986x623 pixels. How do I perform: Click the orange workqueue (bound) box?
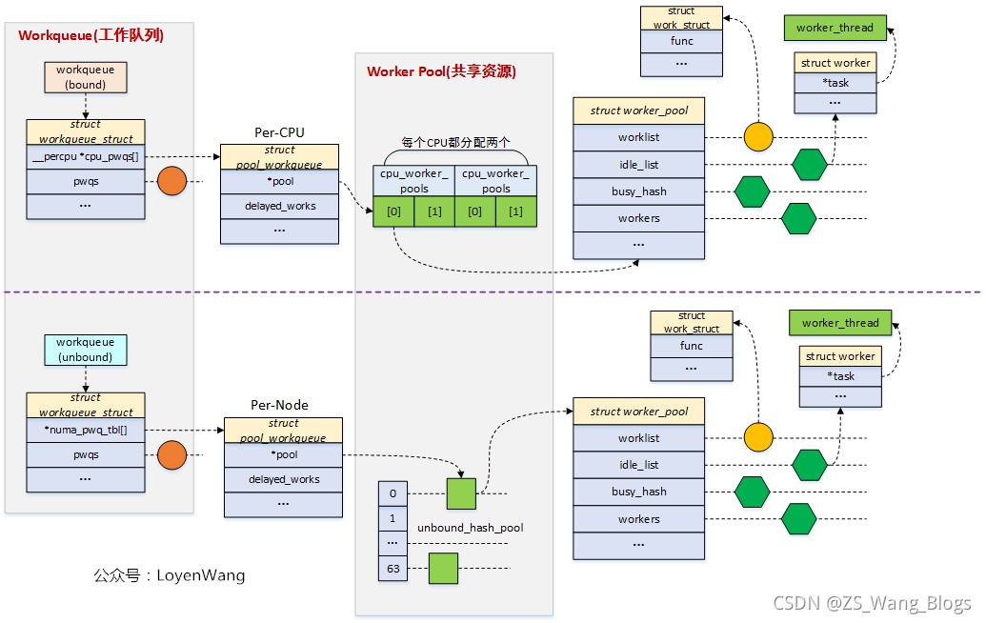[86, 77]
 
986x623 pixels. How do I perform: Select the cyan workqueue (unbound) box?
[85, 350]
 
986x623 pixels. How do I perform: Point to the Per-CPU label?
[279, 132]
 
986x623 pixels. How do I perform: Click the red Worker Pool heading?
[442, 71]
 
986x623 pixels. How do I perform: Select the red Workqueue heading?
[91, 35]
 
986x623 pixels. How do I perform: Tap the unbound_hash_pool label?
[471, 527]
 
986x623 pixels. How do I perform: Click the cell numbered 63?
[392, 569]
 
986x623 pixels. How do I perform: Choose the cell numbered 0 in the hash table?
[392, 493]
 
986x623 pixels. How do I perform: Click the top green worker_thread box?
[835, 28]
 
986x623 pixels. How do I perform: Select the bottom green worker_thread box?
[840, 323]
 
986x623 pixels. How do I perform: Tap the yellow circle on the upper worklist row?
[758, 137]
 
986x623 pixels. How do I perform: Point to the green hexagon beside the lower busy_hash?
[752, 492]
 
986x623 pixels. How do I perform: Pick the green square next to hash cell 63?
[443, 568]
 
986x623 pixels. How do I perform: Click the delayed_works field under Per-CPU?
[279, 206]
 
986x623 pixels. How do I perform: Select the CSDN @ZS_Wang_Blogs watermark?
[872, 603]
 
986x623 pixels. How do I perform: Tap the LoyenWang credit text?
[170, 575]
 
